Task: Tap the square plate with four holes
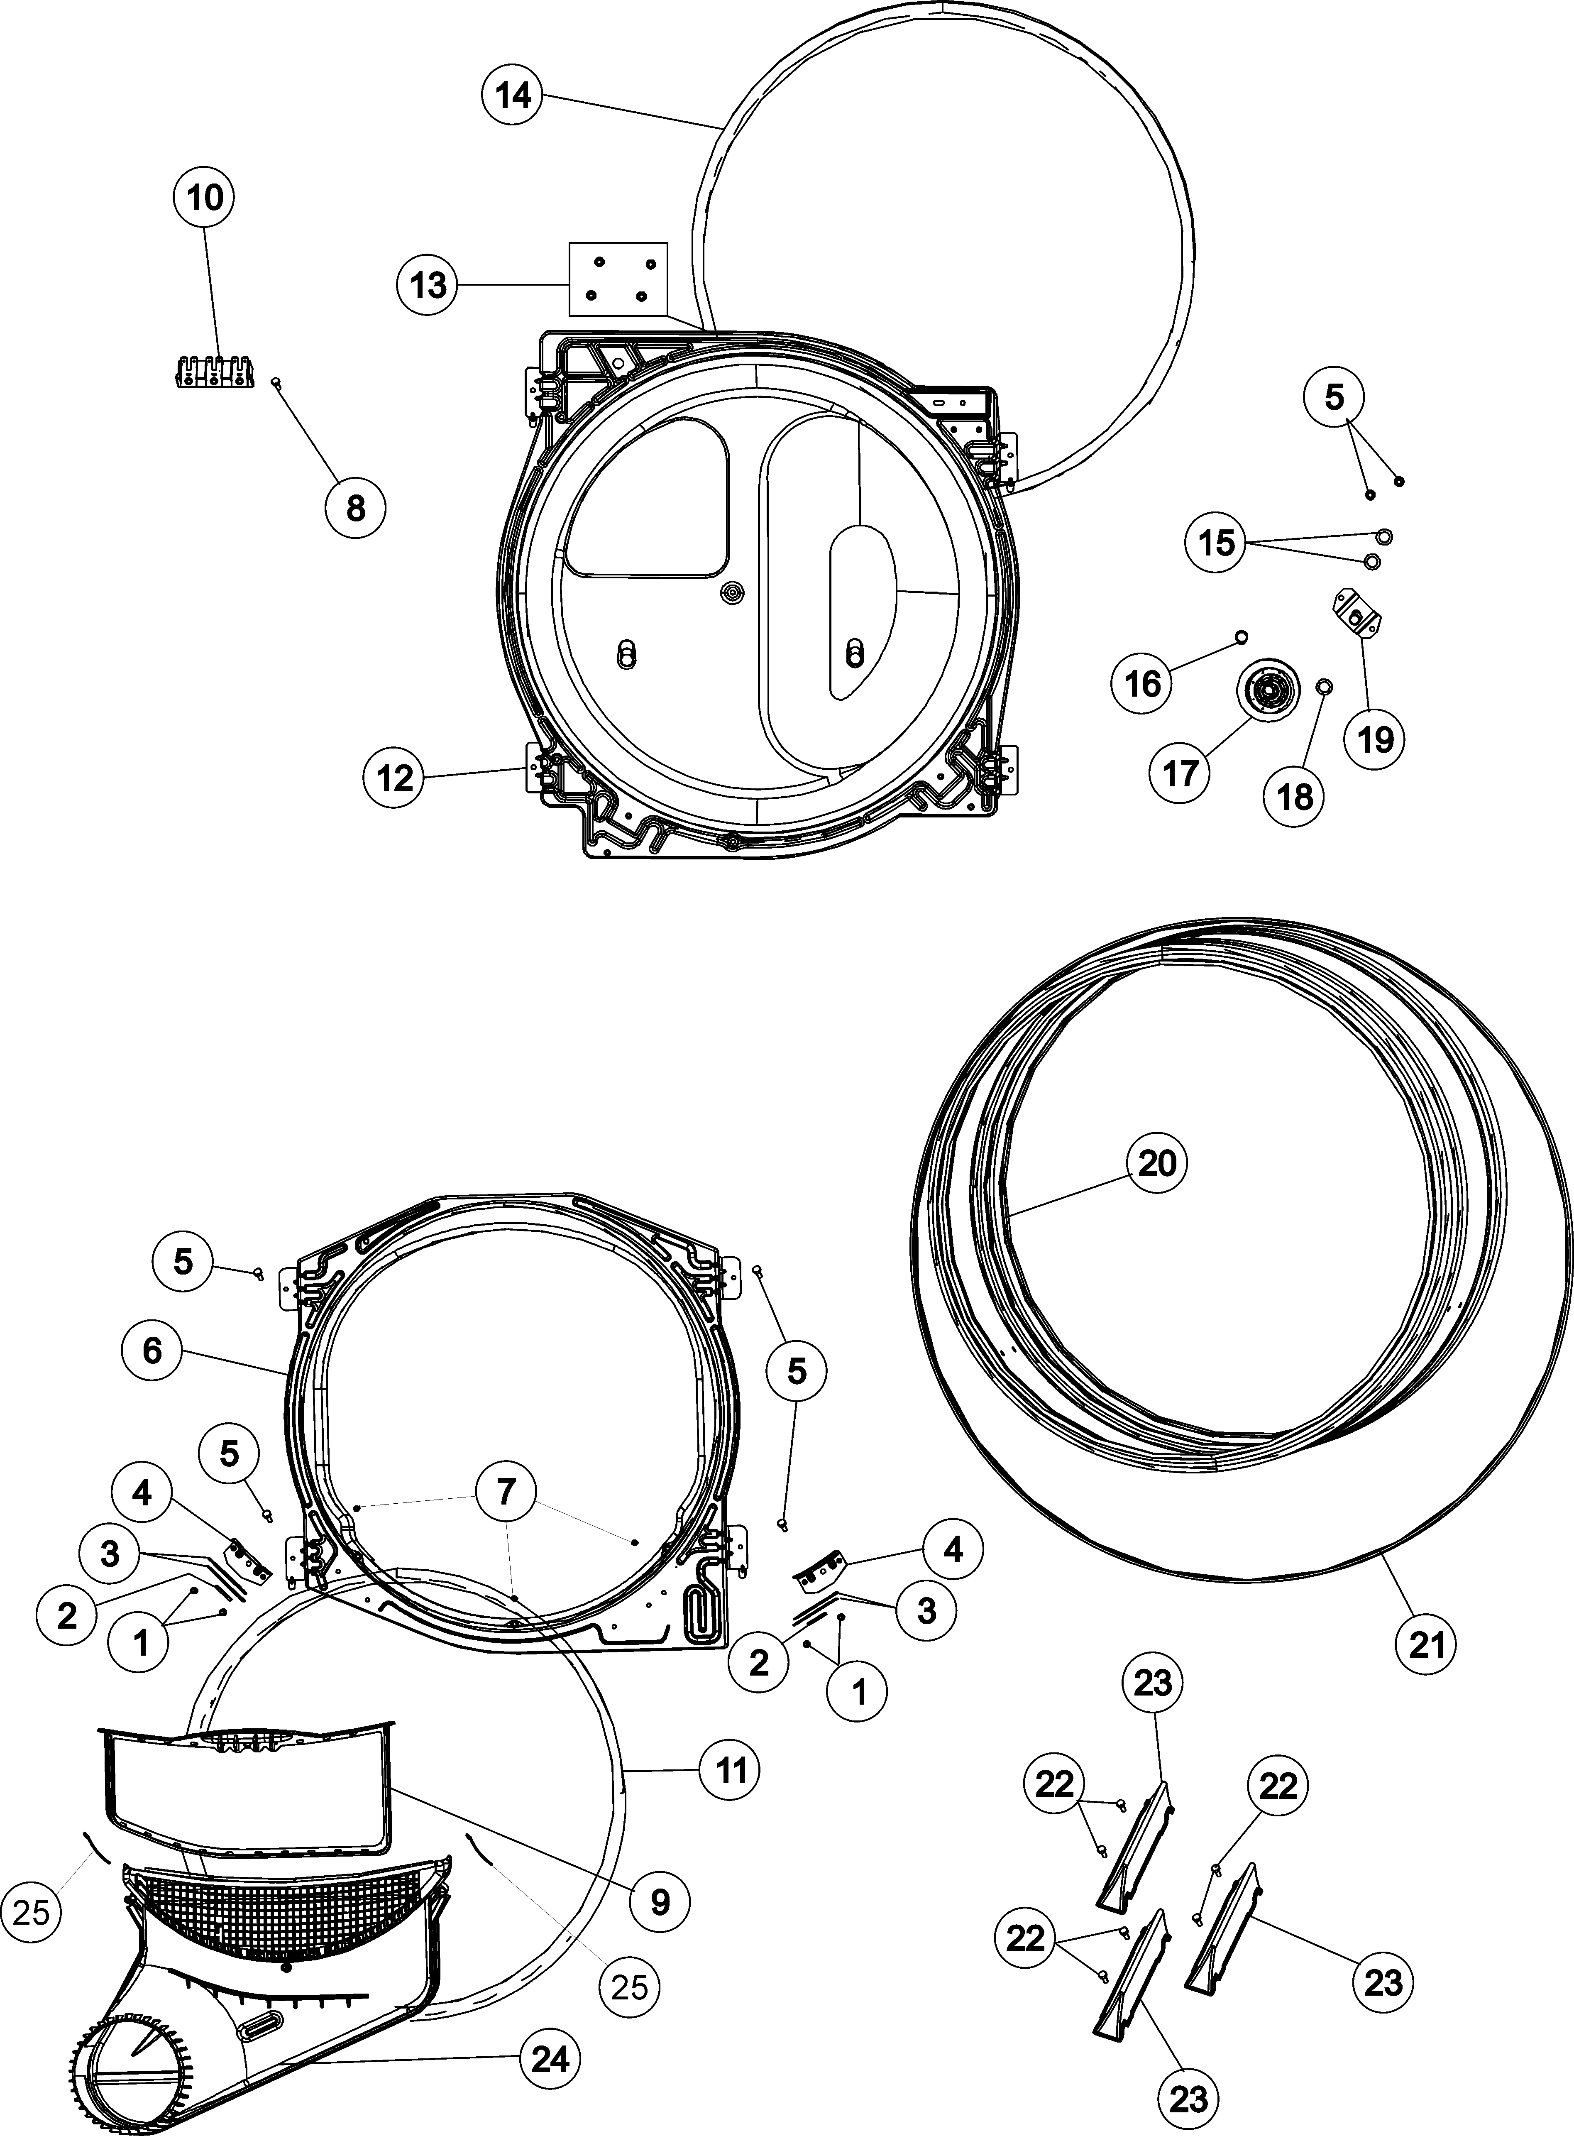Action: (x=618, y=279)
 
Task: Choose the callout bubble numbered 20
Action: (x=1158, y=1163)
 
